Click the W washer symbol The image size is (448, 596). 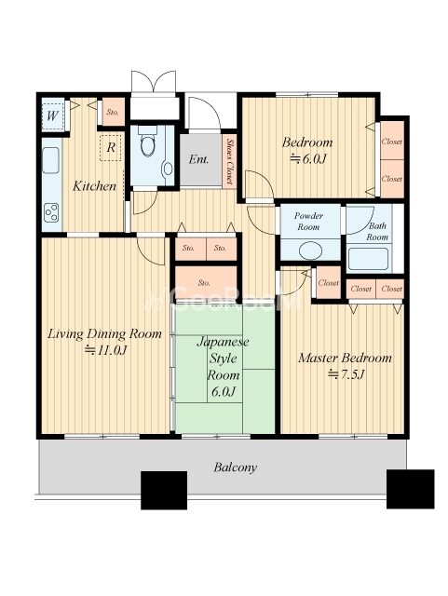[53, 115]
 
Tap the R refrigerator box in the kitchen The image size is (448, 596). [111, 147]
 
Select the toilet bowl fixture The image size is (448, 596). [148, 142]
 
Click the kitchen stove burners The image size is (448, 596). [51, 213]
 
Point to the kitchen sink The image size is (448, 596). [50, 160]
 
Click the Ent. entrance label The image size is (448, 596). [198, 159]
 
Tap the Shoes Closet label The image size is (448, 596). [229, 161]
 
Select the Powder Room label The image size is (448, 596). [308, 222]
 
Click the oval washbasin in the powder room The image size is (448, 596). [310, 251]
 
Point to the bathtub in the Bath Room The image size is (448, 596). [368, 259]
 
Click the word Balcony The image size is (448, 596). [235, 467]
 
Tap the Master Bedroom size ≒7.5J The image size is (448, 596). [346, 374]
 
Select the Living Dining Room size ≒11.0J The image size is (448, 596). [105, 350]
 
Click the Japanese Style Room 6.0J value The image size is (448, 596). [224, 391]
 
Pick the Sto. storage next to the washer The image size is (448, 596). [113, 112]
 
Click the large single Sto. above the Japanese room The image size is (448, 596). [206, 283]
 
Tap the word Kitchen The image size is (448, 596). [94, 186]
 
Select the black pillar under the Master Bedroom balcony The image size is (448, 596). [411, 489]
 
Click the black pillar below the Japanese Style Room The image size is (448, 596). [164, 491]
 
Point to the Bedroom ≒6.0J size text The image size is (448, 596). [307, 159]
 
